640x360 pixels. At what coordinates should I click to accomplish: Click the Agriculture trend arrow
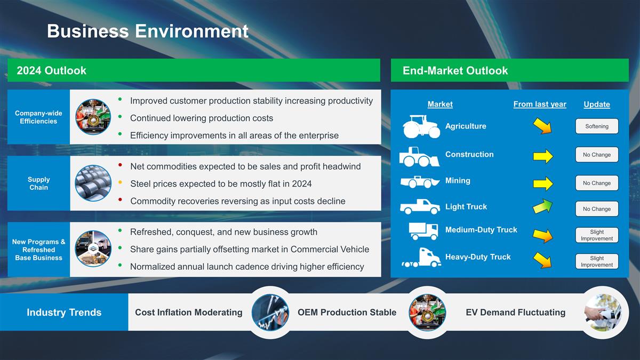click(x=542, y=126)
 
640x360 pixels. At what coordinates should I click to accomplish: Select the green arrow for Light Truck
click(x=542, y=206)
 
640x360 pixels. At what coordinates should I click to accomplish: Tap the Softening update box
click(x=597, y=126)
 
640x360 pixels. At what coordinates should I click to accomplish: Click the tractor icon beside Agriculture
click(x=421, y=126)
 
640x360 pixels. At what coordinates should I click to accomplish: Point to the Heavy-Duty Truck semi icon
click(x=421, y=258)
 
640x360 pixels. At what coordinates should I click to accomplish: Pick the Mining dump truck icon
click(x=420, y=182)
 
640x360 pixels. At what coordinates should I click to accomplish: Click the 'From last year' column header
click(x=540, y=105)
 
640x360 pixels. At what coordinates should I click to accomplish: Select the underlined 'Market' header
click(x=440, y=105)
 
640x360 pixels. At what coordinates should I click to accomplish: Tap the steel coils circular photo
click(x=93, y=183)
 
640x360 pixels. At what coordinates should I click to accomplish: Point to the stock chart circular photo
click(x=270, y=313)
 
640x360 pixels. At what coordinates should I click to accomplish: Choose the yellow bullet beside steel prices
click(x=121, y=182)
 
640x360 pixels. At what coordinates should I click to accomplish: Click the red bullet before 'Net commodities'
click(x=121, y=165)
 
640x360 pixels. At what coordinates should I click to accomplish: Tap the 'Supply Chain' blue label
click(x=38, y=183)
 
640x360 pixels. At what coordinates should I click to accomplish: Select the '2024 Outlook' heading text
click(x=51, y=70)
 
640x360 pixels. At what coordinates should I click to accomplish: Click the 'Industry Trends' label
click(x=64, y=313)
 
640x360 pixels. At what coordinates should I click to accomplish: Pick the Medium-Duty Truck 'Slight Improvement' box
click(x=597, y=235)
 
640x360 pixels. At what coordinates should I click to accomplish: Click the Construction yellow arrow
click(x=543, y=156)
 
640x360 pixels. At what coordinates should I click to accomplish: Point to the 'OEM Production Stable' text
click(x=347, y=313)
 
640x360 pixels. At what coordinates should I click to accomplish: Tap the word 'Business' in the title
click(x=88, y=31)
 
